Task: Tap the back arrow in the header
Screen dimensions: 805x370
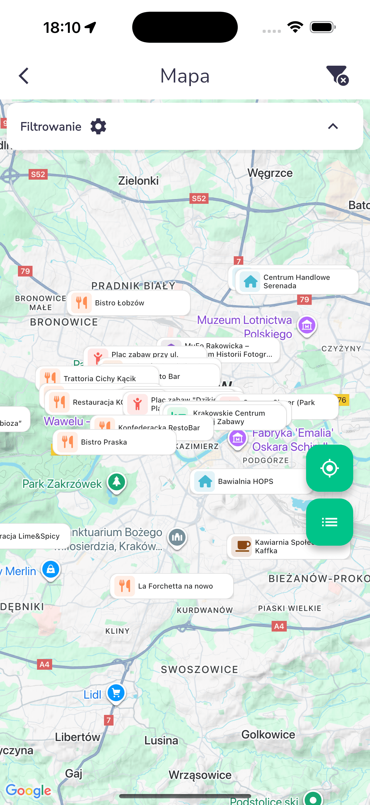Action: [24, 76]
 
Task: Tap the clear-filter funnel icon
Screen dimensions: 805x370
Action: [337, 75]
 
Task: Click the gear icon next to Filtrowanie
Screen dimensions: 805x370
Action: [98, 127]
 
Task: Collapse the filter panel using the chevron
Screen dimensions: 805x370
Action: [333, 127]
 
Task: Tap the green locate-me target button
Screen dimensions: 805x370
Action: [329, 468]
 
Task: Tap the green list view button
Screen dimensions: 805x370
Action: [329, 522]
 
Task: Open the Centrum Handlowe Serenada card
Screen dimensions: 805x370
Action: [296, 282]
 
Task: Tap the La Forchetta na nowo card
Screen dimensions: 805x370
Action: [172, 586]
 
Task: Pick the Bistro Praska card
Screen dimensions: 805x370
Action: [114, 442]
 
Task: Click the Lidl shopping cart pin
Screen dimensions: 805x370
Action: [116, 693]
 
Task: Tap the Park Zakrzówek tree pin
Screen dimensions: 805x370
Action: [117, 482]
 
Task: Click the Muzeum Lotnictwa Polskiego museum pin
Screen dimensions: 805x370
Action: [307, 326]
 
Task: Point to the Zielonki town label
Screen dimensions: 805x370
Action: [138, 181]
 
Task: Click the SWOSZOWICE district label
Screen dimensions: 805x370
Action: [199, 669]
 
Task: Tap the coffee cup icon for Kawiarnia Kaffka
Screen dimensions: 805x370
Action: [241, 546]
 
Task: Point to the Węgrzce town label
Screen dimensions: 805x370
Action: [270, 173]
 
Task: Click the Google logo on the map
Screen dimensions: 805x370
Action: [28, 791]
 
